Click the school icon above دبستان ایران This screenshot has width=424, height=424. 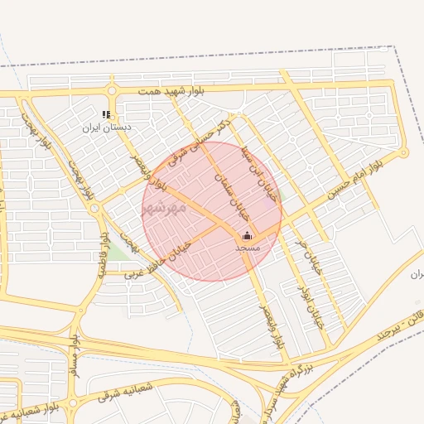(106, 114)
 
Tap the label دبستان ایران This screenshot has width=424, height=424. (102, 128)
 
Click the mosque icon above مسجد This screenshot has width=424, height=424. (247, 235)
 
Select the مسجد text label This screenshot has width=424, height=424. (248, 248)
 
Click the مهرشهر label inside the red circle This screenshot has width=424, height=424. (160, 207)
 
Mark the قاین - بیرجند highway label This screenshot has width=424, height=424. (380, 329)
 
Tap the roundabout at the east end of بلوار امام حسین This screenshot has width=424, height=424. (403, 152)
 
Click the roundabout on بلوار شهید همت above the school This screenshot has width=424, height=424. (111, 91)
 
